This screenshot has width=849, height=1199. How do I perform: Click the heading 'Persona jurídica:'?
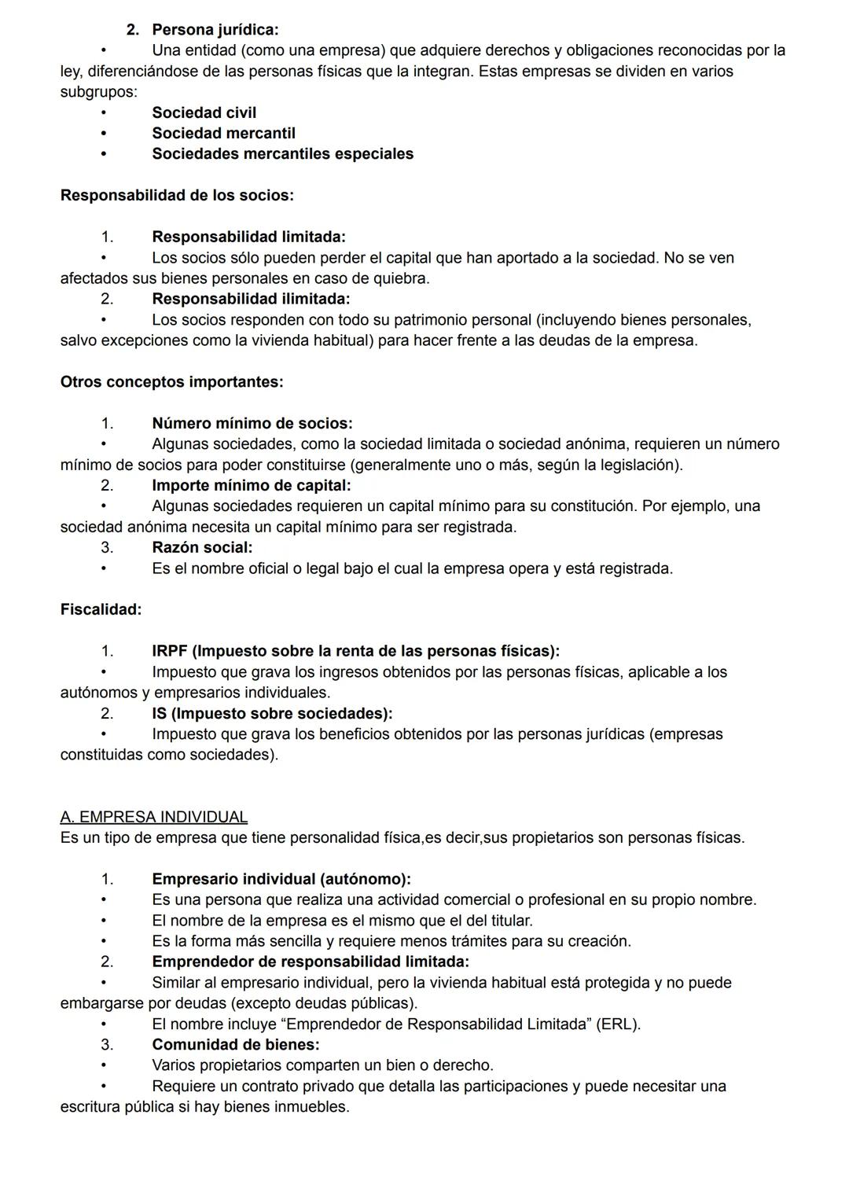(x=215, y=30)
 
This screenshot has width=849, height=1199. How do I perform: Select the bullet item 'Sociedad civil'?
(x=204, y=113)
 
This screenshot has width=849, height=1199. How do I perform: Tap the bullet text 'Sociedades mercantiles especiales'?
(x=282, y=154)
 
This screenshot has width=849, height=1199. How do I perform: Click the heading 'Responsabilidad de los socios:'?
(x=177, y=196)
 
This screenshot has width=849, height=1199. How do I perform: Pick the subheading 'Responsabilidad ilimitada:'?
(x=251, y=300)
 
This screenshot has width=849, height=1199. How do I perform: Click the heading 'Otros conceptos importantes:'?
(x=171, y=383)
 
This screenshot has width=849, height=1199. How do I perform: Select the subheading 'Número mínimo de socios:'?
(x=252, y=424)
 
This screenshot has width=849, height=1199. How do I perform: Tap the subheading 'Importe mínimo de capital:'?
(x=251, y=486)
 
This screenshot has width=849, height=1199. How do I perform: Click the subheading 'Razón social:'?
(x=202, y=548)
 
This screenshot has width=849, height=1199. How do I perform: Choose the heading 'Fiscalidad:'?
(x=101, y=610)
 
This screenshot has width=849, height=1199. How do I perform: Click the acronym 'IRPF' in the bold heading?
(x=170, y=652)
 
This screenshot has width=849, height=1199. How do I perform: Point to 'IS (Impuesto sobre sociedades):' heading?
(x=272, y=714)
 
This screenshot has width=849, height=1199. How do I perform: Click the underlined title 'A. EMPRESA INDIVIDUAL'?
(x=154, y=818)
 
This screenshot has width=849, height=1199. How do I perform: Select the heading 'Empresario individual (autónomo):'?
(x=281, y=880)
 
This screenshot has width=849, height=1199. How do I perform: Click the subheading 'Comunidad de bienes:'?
(x=235, y=1045)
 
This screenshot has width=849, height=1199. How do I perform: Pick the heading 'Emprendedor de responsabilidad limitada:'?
(x=310, y=962)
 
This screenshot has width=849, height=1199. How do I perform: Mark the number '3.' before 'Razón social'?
(x=107, y=548)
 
